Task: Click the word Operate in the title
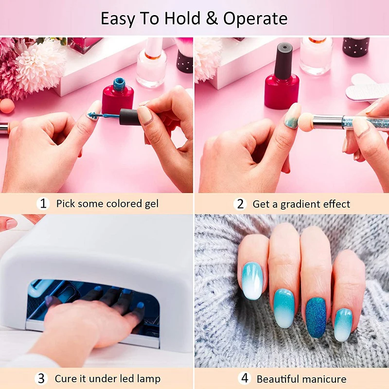point(255,18)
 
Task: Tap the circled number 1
point(43,203)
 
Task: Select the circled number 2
point(240,203)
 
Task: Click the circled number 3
point(41,378)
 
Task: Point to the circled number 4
point(245,378)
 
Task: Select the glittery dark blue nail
point(316,318)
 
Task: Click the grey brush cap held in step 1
point(130,117)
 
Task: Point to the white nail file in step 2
point(367,87)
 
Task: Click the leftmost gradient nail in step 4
point(252,281)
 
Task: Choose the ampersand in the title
point(213,18)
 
